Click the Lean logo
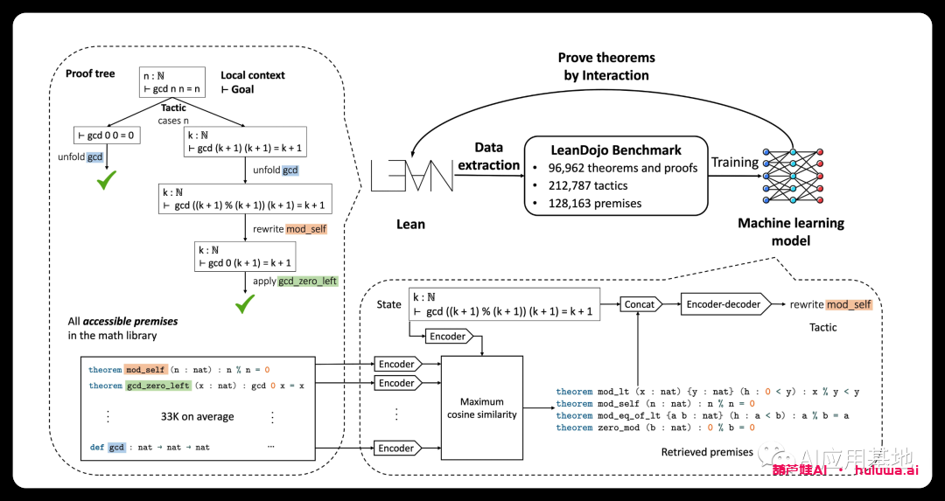pyautogui.click(x=412, y=176)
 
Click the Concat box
pyautogui.click(x=640, y=304)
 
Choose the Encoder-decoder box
pyautogui.click(x=721, y=304)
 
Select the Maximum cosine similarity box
pyautogui.click(x=483, y=407)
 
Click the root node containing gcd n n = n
pyautogui.click(x=172, y=82)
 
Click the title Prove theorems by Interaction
pyautogui.click(x=606, y=66)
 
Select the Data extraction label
pyautogui.click(x=489, y=156)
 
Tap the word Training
pyautogui.click(x=734, y=163)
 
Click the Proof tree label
pyautogui.click(x=90, y=73)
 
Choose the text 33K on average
pyautogui.click(x=197, y=416)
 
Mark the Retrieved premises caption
pyautogui.click(x=707, y=452)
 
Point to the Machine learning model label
pyautogui.click(x=791, y=232)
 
